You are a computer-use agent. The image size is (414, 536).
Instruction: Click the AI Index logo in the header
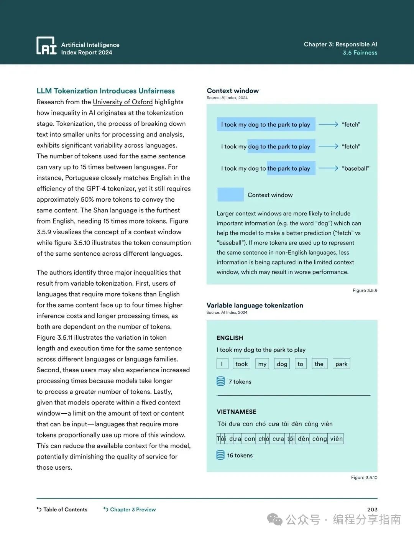click(46, 46)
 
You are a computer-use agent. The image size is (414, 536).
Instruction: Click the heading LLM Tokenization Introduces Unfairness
click(105, 91)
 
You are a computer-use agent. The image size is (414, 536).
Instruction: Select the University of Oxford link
click(123, 102)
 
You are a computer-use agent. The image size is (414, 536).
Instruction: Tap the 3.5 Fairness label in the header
click(360, 53)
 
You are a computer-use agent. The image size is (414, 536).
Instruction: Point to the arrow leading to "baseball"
click(328, 168)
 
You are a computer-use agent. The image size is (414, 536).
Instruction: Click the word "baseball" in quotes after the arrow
click(355, 168)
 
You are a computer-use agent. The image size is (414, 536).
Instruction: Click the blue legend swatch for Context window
click(230, 195)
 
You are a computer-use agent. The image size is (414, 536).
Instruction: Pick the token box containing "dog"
click(282, 364)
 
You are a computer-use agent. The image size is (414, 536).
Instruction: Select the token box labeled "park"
click(341, 364)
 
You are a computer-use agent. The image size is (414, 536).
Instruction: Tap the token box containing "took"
click(242, 364)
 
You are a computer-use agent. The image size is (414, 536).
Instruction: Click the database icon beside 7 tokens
click(221, 381)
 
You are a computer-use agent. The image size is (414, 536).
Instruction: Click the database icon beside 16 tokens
click(220, 455)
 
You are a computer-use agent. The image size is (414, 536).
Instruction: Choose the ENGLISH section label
click(230, 338)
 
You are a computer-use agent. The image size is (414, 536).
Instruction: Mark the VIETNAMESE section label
click(236, 412)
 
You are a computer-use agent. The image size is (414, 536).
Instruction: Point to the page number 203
click(372, 510)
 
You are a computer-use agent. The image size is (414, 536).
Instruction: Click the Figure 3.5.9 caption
click(365, 291)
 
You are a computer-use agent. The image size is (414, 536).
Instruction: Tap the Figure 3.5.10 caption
click(364, 478)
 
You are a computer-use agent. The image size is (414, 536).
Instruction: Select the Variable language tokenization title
click(255, 306)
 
